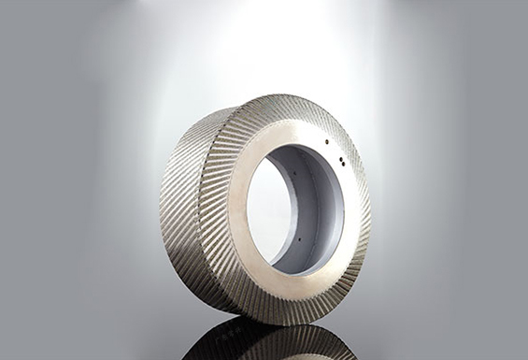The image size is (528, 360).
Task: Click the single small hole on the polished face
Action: pyautogui.click(x=326, y=142)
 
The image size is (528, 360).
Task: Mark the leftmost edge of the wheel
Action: pyautogui.click(x=160, y=206)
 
